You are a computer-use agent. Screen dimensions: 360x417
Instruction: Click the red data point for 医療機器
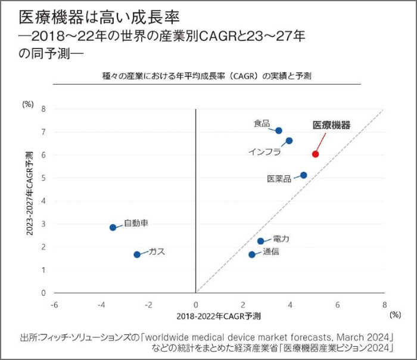click(x=315, y=154)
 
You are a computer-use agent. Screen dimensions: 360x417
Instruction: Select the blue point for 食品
click(x=279, y=130)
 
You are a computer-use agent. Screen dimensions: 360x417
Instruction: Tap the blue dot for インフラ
click(x=289, y=141)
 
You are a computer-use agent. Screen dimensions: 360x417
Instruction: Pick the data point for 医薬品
click(x=304, y=175)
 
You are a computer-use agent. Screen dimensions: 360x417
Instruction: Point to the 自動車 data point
click(x=113, y=227)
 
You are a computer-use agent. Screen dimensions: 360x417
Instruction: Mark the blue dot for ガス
click(x=136, y=254)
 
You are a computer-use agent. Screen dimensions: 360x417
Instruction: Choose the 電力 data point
click(x=260, y=241)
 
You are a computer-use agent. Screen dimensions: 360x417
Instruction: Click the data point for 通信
click(x=252, y=254)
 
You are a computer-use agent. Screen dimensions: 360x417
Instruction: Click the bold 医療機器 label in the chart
click(x=331, y=125)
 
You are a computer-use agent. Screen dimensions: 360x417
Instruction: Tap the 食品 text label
click(x=262, y=123)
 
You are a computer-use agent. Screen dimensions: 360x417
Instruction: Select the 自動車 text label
click(x=136, y=224)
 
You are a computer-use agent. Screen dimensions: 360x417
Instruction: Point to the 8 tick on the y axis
click(x=43, y=109)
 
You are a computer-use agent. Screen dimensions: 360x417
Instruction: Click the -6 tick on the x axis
click(x=54, y=304)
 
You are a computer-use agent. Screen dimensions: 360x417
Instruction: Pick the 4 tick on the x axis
click(x=290, y=304)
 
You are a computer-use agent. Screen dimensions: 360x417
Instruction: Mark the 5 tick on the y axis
click(x=43, y=178)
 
